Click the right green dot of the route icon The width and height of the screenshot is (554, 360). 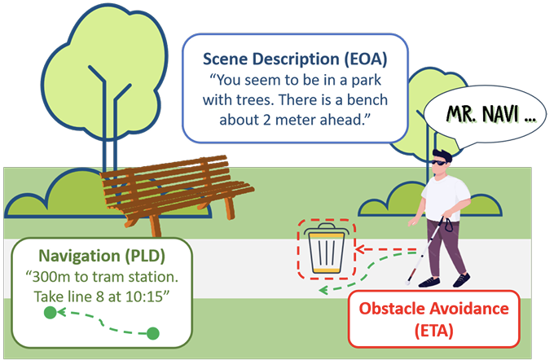(x=152, y=332)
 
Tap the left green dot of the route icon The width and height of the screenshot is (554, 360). (x=50, y=312)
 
